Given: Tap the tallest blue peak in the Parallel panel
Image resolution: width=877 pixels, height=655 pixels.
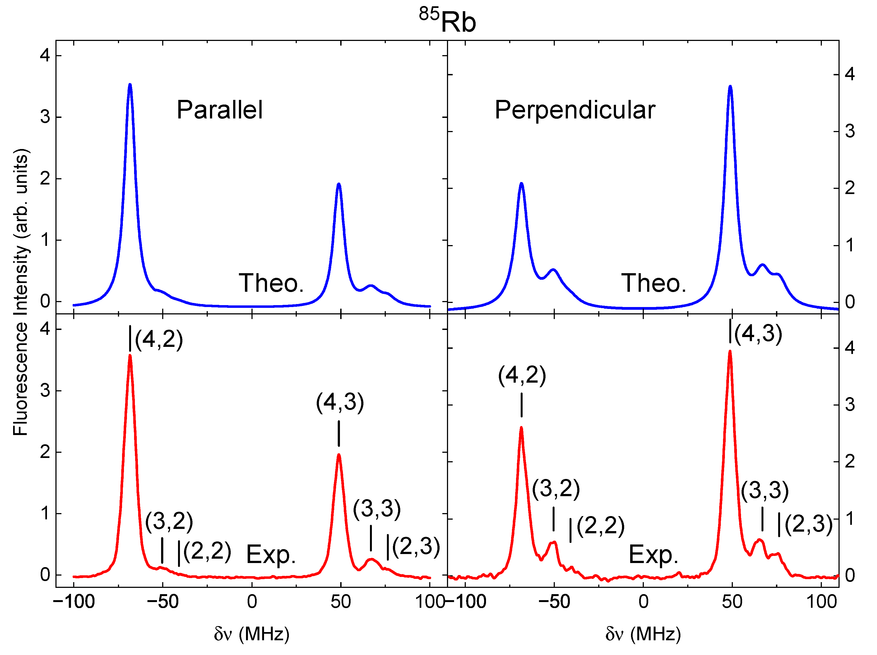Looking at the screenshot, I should click(130, 85).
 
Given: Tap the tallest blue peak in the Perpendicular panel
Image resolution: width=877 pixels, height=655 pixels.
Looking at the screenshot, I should click(730, 87).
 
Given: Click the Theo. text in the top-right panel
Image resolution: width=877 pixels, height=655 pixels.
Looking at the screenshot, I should click(654, 283).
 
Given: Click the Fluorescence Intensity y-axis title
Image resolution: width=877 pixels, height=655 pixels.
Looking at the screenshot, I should click(21, 293).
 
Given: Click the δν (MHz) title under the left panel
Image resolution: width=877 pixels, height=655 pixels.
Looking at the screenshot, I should click(252, 634).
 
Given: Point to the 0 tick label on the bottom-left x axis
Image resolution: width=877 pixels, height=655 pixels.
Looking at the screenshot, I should click(252, 602).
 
